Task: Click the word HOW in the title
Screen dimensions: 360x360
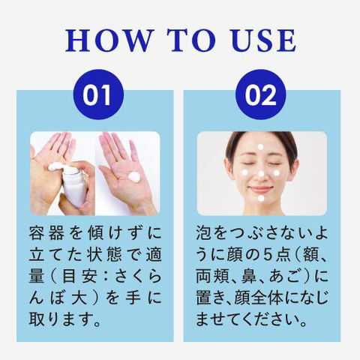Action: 108,40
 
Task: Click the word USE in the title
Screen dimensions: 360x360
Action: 264,40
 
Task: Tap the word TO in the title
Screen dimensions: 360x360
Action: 191,40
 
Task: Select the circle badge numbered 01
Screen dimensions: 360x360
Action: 98,94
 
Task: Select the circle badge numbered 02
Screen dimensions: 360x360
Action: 261,94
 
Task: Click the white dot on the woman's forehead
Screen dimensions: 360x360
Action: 260,147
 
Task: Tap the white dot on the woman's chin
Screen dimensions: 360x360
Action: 261,198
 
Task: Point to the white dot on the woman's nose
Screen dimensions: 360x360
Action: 261,173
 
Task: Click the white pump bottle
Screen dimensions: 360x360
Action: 73,186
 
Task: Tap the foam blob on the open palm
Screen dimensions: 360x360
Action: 135,177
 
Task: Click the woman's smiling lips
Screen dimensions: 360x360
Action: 261,189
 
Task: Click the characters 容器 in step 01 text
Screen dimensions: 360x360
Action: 46,233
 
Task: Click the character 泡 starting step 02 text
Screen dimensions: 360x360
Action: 204,233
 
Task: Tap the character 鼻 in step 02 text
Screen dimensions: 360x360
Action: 249,277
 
